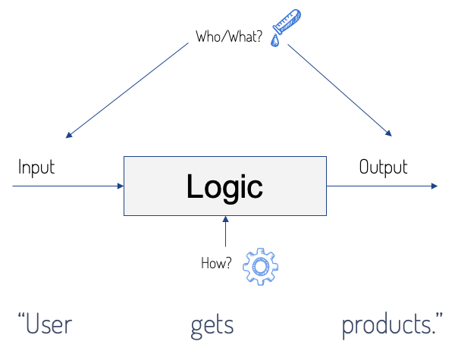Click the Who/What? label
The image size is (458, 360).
tap(228, 36)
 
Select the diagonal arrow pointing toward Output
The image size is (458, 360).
tap(340, 89)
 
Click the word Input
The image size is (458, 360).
tap(36, 167)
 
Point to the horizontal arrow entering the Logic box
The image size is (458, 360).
tap(68, 186)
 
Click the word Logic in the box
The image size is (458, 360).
tap(225, 186)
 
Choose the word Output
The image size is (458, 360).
tap(383, 167)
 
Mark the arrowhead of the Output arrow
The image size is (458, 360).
tap(433, 186)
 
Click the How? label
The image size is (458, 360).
tap(215, 265)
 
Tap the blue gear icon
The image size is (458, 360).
tap(260, 267)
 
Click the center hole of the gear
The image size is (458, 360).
tap(260, 267)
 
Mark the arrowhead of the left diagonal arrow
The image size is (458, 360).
tap(69, 135)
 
